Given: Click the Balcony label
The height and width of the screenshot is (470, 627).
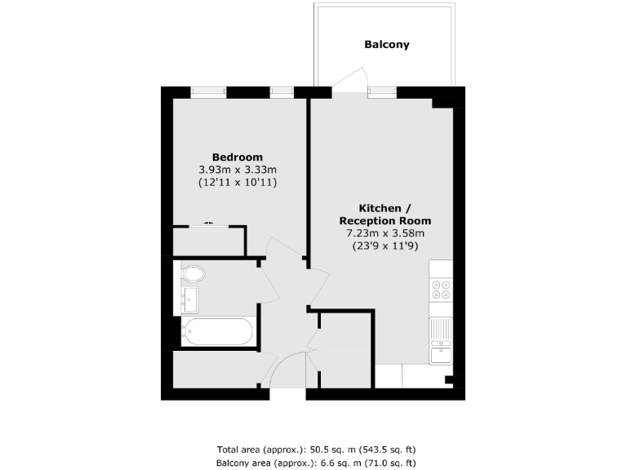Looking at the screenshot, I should tap(386, 45).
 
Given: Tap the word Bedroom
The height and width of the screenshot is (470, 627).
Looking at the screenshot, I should tap(238, 157).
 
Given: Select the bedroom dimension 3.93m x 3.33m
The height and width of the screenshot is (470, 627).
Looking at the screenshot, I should tap(238, 170).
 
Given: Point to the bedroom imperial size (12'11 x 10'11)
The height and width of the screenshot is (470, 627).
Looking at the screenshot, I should tap(238, 183).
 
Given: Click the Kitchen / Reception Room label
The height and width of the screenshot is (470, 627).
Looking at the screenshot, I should tap(385, 214).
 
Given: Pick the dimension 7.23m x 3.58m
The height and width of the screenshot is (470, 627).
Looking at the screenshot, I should tap(385, 233).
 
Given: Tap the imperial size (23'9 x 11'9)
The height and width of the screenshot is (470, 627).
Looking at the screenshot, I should tap(385, 246).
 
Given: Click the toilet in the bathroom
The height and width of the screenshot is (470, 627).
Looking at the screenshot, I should tap(193, 273).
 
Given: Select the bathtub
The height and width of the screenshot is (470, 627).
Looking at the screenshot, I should tap(218, 332).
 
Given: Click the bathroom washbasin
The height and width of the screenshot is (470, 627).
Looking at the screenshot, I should tap(190, 299).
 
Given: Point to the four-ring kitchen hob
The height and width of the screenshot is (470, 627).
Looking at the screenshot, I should tap(441, 290).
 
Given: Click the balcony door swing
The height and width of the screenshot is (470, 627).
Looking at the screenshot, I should tap(346, 78).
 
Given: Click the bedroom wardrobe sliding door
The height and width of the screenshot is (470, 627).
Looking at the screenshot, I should tap(209, 224).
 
